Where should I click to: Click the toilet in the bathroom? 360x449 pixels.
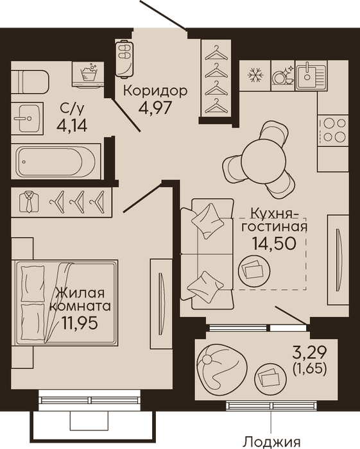point(30,81)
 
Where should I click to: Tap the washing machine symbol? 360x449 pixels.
point(88,74)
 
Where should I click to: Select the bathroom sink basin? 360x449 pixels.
point(28,118)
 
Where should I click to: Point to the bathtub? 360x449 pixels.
point(56,162)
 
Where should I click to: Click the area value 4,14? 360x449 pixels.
point(72,125)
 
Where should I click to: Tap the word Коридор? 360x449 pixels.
point(155,91)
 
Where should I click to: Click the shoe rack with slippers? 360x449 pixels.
point(125,58)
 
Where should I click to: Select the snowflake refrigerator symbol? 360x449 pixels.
point(255,76)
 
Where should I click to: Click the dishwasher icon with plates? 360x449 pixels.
point(283,76)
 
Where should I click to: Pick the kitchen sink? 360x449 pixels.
point(311,76)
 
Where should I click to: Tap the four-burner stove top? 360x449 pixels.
point(333,130)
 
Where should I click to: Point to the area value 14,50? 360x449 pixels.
point(274,243)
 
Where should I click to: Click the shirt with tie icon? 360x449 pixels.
point(29,201)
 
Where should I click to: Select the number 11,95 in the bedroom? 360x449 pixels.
point(80,323)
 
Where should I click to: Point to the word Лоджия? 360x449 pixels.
point(271,443)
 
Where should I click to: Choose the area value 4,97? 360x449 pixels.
point(155,108)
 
